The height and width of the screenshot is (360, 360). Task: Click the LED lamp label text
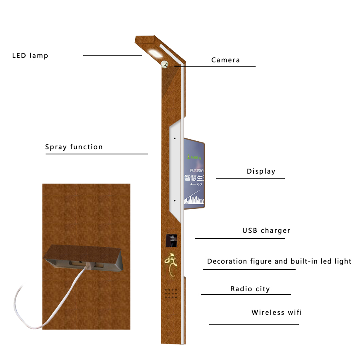point(30,56)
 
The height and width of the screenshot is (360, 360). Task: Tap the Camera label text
point(226,60)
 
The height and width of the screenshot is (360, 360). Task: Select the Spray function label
point(74,147)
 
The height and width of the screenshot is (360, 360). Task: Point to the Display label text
point(261,172)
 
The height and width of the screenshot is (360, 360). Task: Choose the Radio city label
point(250,289)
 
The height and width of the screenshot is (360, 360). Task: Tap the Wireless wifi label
point(276,312)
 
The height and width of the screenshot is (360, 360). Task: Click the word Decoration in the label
point(227,262)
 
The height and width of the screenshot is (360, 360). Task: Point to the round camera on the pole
point(165,64)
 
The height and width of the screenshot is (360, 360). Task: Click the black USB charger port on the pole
point(172,240)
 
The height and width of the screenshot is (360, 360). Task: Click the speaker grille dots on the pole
point(172,293)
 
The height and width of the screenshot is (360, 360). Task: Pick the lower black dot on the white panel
point(175,201)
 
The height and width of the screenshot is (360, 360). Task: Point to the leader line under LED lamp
point(112,55)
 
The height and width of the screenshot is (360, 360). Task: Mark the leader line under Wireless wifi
point(254,324)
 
